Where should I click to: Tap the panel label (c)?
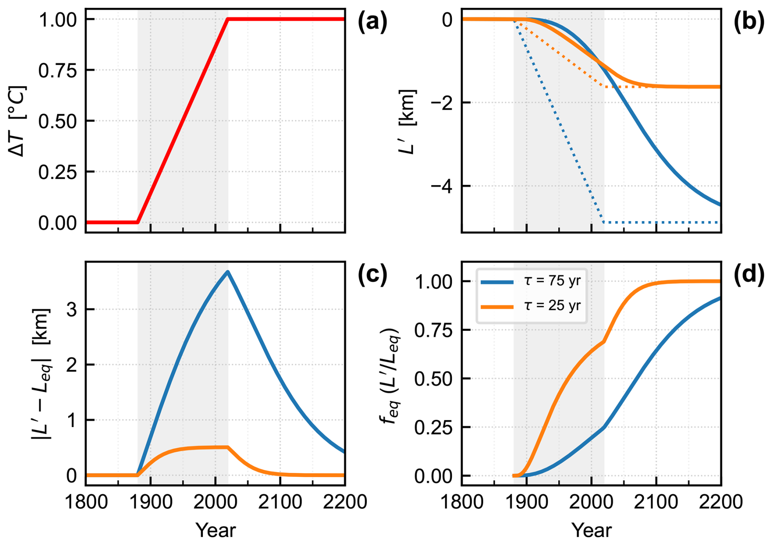pos(372,275)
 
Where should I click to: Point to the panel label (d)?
pos(748,275)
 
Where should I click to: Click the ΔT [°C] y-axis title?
pos(17,121)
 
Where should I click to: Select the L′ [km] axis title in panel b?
pos(408,122)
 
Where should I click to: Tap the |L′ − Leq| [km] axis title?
pos(41,374)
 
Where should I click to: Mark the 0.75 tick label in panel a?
pos(58,71)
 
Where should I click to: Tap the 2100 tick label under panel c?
pos(280,501)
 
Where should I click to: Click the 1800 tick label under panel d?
pos(462,501)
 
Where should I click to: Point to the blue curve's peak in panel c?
pos(228,272)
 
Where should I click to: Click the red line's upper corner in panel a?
pos(228,19)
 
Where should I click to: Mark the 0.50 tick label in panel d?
pos(433,379)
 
